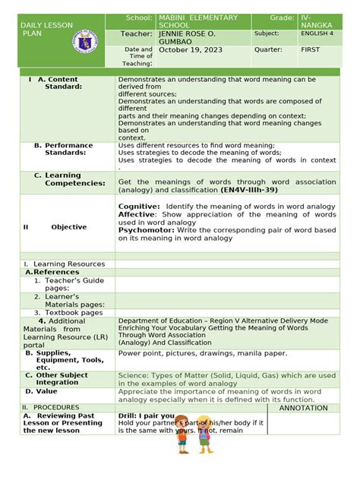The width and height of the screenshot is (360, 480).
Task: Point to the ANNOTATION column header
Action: tap(305, 408)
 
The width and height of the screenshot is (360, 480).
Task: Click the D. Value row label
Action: tap(41, 391)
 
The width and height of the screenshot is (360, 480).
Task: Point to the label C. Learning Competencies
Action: tap(66, 179)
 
